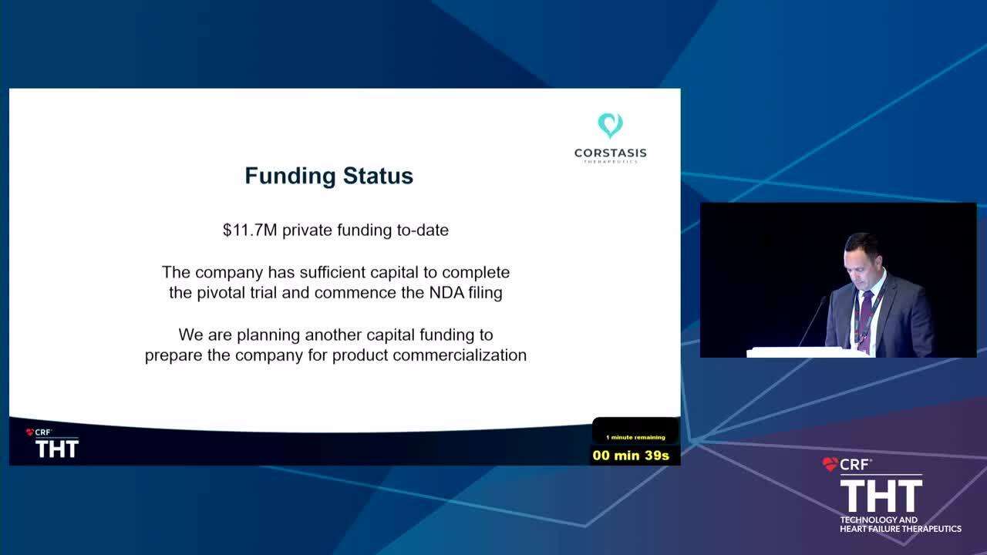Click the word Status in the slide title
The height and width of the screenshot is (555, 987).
[378, 176]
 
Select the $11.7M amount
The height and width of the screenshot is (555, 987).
[250, 230]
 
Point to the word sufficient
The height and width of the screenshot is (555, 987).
[332, 272]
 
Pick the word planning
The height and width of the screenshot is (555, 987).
[268, 335]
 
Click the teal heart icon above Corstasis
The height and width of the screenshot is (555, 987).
[610, 125]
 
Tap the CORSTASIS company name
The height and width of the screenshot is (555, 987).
[610, 153]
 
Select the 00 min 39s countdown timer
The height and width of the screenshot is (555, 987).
[631, 455]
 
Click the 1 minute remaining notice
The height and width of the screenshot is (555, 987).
[635, 437]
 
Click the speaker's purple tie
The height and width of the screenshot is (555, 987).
[865, 319]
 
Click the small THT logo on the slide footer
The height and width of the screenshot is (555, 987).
[57, 449]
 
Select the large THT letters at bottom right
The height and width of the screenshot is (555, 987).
[881, 496]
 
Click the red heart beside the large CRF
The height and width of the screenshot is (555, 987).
[830, 464]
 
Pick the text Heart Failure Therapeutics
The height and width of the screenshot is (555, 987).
[901, 529]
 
